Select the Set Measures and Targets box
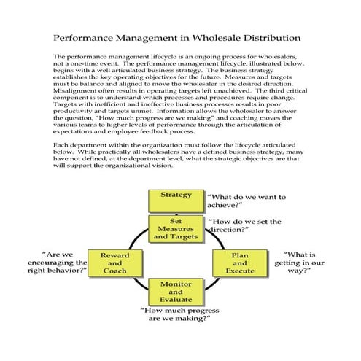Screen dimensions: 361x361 pos(176,228)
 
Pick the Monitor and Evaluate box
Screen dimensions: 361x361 pos(176,290)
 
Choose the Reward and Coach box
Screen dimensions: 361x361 pos(115,262)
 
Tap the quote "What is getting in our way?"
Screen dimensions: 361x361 pos(303,263)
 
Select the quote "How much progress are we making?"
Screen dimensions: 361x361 pos(179,314)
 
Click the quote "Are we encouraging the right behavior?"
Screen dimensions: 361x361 pos(58,263)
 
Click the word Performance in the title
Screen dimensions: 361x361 pos(86,36)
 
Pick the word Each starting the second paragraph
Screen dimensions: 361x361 pos(61,146)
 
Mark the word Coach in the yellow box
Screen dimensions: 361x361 pos(115,271)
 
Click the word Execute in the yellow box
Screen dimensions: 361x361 pos(239,271)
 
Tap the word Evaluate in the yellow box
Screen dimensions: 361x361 pos(176,299)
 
